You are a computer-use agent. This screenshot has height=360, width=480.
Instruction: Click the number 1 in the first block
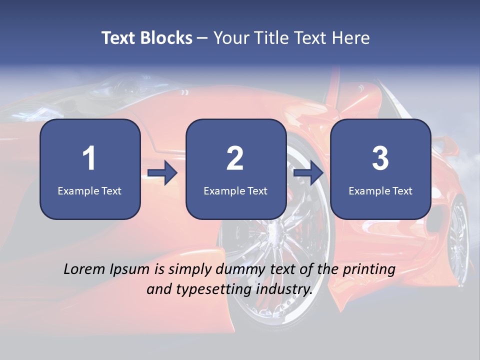pyautogui.click(x=89, y=158)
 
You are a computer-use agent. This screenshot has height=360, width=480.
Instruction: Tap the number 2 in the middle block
pyautogui.click(x=235, y=158)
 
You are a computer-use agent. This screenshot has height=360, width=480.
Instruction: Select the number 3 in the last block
pyautogui.click(x=380, y=158)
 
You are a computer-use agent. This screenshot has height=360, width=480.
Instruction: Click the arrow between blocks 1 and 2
pyautogui.click(x=162, y=173)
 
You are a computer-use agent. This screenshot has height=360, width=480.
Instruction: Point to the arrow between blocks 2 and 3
pyautogui.click(x=308, y=173)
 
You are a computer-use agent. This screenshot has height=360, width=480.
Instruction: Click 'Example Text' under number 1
pyautogui.click(x=89, y=190)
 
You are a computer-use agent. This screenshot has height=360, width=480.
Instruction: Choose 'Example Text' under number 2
pyautogui.click(x=235, y=190)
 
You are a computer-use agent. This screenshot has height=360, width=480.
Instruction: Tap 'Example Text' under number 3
pyautogui.click(x=380, y=190)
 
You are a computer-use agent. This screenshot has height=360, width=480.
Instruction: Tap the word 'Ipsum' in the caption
pyautogui.click(x=129, y=270)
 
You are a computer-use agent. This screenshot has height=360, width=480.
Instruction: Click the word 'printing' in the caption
pyautogui.click(x=369, y=270)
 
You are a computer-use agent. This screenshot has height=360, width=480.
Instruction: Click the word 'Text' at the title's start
pyautogui.click(x=119, y=38)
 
